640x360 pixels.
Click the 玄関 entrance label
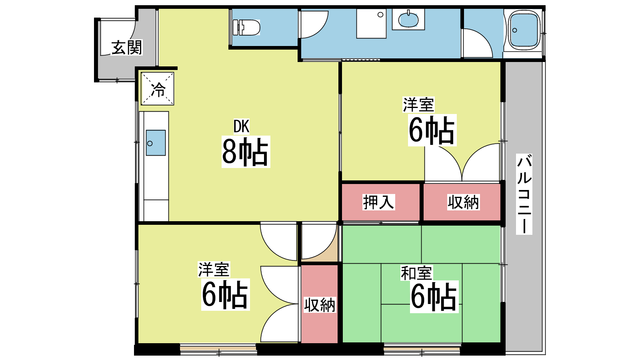point(126,48)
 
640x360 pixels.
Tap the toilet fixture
point(246,28)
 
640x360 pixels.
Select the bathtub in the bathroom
point(524,30)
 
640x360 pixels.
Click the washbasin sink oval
point(408,20)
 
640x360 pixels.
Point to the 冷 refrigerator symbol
point(158,88)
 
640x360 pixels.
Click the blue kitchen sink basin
point(156,143)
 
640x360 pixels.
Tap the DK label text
point(242,126)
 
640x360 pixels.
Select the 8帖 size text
point(246,152)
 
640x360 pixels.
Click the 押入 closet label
point(378,202)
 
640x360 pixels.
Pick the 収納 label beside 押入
point(463,202)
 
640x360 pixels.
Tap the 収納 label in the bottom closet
point(320,305)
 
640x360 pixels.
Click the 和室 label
point(416,273)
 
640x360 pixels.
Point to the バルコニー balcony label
point(524,194)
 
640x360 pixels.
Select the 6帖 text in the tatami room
point(434,297)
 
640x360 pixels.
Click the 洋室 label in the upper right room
point(418,104)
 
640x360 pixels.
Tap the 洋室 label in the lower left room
point(214,270)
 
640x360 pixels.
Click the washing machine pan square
point(372,24)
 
